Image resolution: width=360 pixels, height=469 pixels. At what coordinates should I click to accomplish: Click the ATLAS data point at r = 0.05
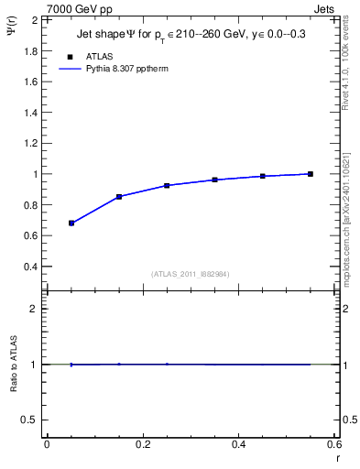tap(71, 223)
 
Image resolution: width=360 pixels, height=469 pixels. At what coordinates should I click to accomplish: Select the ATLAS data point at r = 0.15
tap(119, 197)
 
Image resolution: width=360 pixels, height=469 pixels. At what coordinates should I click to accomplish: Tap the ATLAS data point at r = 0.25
tap(167, 186)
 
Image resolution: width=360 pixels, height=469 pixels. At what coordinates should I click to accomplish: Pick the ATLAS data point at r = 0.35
tap(215, 180)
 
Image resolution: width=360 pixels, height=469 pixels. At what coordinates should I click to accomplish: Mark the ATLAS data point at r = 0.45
tap(263, 176)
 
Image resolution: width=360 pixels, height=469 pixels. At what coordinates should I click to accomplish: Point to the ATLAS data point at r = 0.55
tap(311, 174)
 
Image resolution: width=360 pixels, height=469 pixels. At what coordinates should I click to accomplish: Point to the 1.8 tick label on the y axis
tap(30, 50)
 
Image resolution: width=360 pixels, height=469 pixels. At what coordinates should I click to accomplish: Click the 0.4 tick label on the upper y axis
tap(30, 267)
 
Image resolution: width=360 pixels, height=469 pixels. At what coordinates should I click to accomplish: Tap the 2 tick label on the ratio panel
tap(34, 309)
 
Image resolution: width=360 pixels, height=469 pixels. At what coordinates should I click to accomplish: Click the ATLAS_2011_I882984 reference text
tap(191, 274)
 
